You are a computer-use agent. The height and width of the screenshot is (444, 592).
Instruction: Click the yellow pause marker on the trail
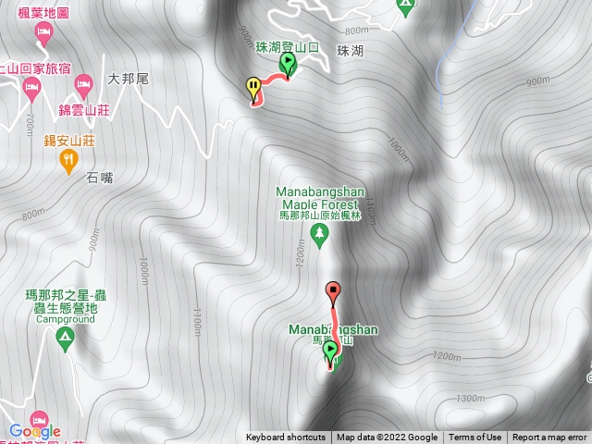tap(253, 88)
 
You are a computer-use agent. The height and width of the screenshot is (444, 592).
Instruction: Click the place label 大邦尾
tap(128, 79)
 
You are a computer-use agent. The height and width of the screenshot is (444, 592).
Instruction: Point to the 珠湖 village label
tap(351, 51)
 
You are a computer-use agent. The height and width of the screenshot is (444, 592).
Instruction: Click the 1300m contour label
tap(470, 398)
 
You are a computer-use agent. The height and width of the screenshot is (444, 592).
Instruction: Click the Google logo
tap(34, 430)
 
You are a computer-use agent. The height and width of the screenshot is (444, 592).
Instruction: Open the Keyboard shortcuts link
tap(286, 438)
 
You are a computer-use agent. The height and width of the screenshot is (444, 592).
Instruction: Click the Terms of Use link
tap(475, 438)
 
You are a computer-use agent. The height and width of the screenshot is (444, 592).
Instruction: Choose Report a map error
tap(549, 438)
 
